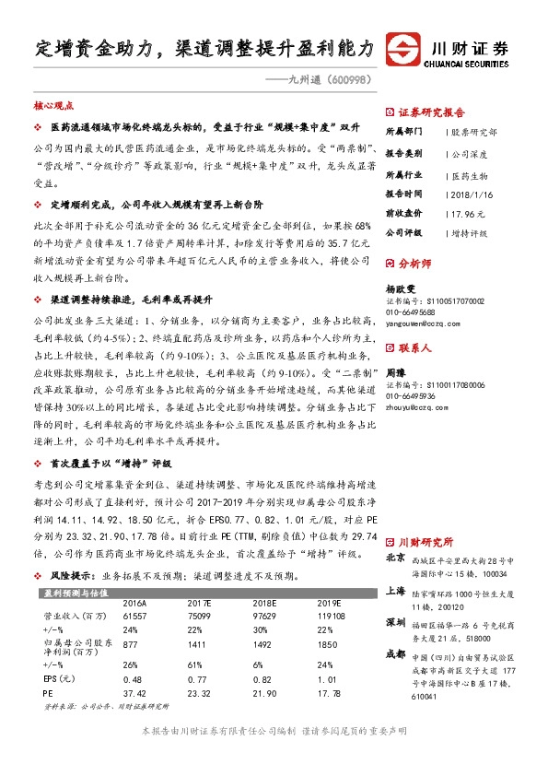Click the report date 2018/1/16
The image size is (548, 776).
pos(469,194)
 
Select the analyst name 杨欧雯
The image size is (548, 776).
pos(399,288)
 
